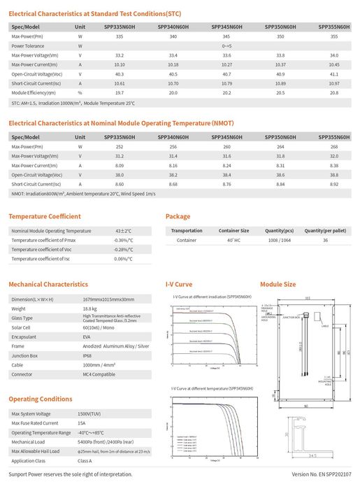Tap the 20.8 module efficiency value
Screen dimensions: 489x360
(x=333, y=92)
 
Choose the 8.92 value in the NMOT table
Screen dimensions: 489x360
(x=333, y=183)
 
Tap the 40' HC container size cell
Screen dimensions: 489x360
(x=233, y=240)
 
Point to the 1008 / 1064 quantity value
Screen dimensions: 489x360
(x=279, y=240)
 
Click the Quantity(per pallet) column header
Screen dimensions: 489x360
(x=325, y=230)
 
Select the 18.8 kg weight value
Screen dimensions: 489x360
(x=89, y=308)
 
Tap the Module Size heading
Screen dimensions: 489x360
(x=278, y=285)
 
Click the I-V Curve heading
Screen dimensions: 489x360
(x=178, y=285)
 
